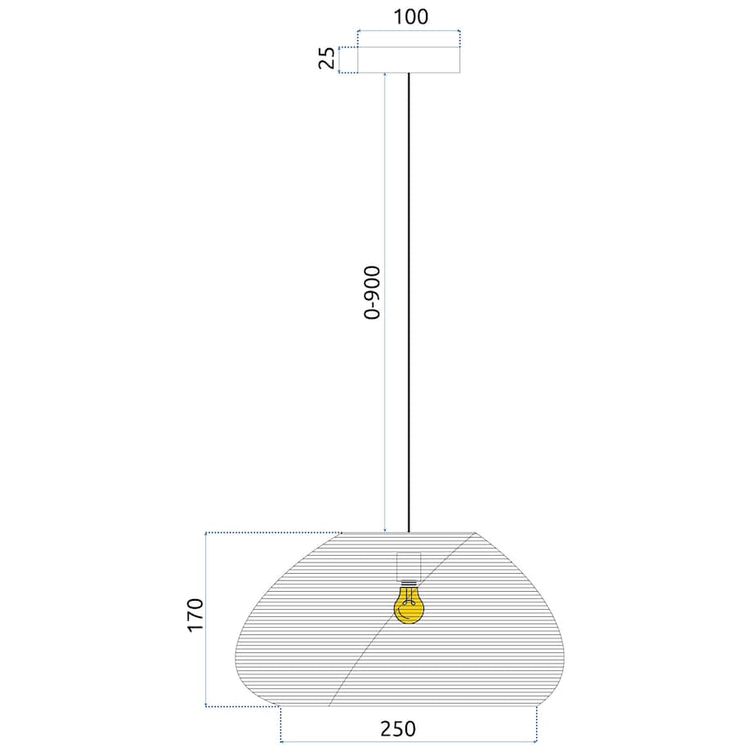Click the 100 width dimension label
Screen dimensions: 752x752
click(410, 17)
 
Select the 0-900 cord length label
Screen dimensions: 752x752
click(373, 293)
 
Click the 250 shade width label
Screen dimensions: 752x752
click(397, 728)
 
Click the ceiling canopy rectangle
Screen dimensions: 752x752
click(409, 60)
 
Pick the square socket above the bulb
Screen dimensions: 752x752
click(408, 566)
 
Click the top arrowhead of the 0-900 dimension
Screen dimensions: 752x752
click(384, 75)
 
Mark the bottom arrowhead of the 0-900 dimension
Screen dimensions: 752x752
click(384, 530)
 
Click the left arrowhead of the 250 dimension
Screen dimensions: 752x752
click(283, 742)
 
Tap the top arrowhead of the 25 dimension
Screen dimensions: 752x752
click(339, 48)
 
